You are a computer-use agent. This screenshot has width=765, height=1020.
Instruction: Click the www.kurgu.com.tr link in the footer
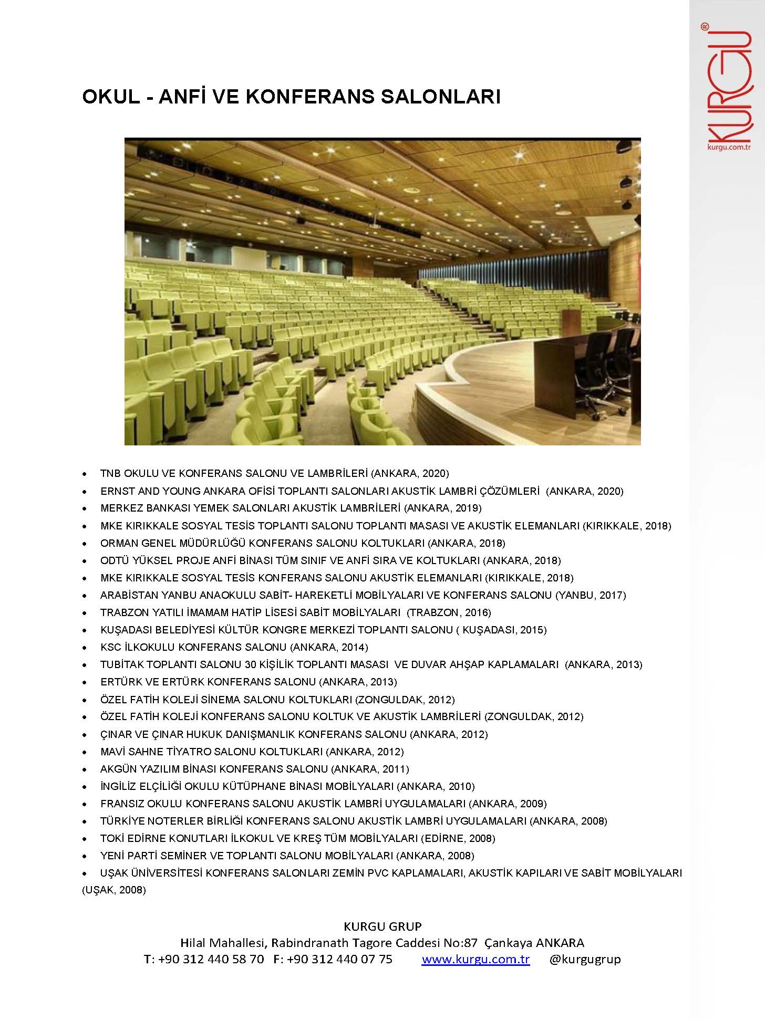tap(475, 959)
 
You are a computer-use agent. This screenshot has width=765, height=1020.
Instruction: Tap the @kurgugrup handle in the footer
tap(585, 959)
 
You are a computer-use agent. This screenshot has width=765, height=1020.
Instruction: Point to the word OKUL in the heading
tap(110, 97)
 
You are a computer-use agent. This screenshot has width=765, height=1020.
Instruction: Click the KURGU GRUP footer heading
tap(382, 926)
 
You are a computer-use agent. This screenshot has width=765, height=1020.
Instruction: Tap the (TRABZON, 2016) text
tap(449, 612)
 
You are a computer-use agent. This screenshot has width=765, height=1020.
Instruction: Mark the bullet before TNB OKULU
tap(85, 474)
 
